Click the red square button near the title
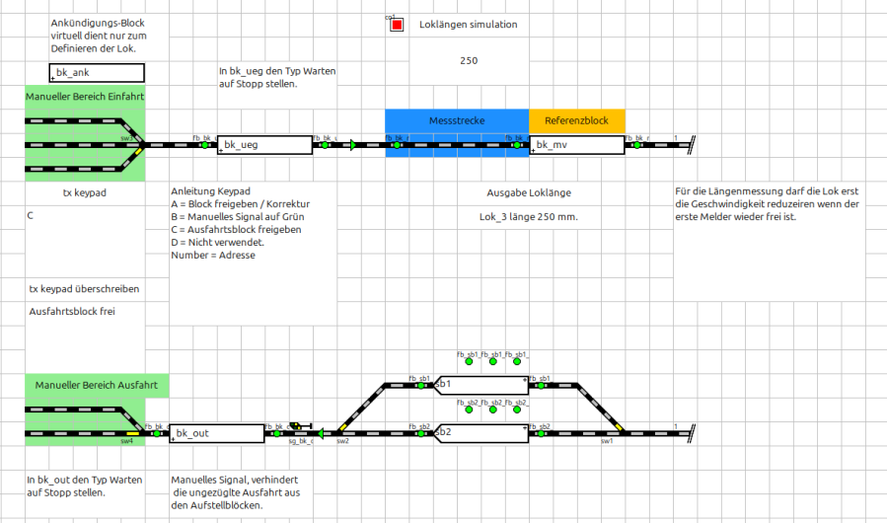(397, 25)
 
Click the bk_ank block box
(97, 72)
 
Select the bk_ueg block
(264, 145)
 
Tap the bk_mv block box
(577, 145)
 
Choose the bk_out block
(217, 432)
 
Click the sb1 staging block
(481, 384)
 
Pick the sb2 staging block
(481, 432)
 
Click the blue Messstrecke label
(456, 120)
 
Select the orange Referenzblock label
(577, 120)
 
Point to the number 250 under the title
(469, 61)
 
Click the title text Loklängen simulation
(468, 25)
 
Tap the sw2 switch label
(342, 442)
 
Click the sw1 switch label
(607, 442)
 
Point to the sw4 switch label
(127, 442)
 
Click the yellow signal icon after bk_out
(297, 426)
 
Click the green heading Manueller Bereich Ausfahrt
(97, 384)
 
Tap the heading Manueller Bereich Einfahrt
(85, 97)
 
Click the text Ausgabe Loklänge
(529, 193)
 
